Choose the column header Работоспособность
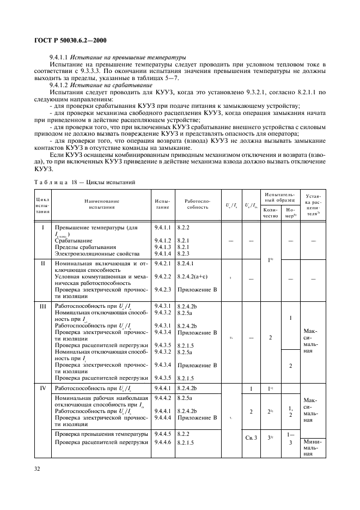[193, 204]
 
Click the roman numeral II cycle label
[42, 264]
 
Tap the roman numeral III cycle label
[42, 307]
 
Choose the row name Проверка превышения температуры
[101, 434]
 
